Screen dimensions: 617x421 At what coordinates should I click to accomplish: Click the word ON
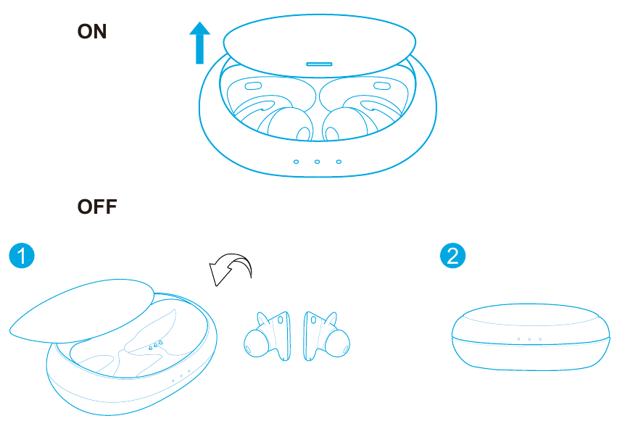tap(92, 31)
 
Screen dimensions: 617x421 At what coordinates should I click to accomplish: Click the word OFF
tap(97, 207)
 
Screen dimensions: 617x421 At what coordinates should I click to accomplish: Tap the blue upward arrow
tap(200, 43)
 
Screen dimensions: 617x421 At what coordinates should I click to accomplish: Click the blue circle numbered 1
tap(22, 256)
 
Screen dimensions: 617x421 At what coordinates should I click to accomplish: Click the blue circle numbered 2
tap(453, 256)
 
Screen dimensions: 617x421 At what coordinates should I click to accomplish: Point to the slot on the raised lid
tap(319, 64)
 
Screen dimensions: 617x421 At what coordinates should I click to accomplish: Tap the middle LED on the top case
tap(317, 162)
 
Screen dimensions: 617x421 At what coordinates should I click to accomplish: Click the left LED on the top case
tap(297, 162)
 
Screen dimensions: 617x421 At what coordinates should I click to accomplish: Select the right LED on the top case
tap(339, 162)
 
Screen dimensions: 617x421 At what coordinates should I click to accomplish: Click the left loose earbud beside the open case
tap(268, 336)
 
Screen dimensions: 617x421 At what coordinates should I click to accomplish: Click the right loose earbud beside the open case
tap(326, 336)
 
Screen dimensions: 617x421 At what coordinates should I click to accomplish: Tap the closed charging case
tap(531, 337)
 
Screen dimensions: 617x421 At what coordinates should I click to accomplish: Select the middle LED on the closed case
tap(530, 339)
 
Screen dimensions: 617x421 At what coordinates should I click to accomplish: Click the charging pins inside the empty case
tap(156, 345)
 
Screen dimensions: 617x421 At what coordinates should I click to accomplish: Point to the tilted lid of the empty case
tap(82, 311)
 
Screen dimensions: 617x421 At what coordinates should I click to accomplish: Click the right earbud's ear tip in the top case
tap(344, 124)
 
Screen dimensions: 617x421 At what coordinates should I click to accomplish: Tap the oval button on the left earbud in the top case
tap(254, 86)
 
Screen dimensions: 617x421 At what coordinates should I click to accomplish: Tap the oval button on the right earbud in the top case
tap(381, 86)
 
